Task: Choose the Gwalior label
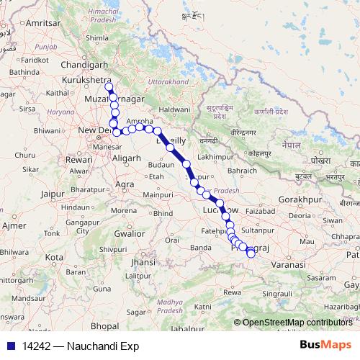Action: click(130, 233)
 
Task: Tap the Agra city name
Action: click(125, 184)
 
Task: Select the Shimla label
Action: click(96, 37)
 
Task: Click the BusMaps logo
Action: click(323, 346)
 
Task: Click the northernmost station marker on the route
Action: click(109, 87)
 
